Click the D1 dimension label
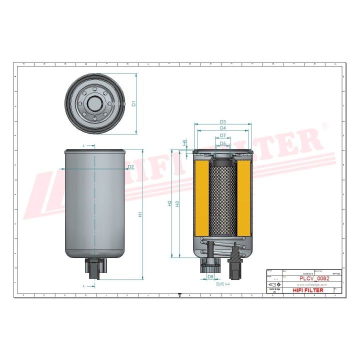pos(133,103)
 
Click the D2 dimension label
pos(130,166)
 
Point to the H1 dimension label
pos(140,214)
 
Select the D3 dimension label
pos(223,122)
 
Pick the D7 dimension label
pos(223,136)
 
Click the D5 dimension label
pos(223,143)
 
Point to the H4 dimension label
pos(184,142)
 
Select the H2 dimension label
pos(170,203)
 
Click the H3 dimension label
pos(177,203)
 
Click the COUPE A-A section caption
pos(222,283)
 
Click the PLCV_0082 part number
pos(314,278)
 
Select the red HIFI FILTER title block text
pos(307,290)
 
